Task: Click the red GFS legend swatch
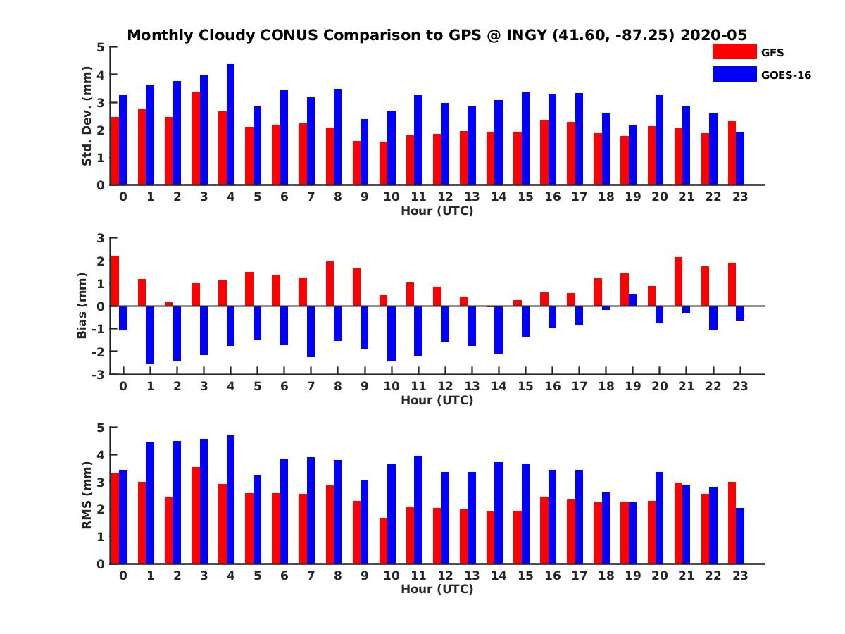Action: tap(734, 51)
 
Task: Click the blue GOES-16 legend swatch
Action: tap(734, 74)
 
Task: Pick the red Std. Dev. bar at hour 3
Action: tap(196, 138)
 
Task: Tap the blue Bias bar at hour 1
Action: tap(150, 335)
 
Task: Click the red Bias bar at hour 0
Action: tap(115, 281)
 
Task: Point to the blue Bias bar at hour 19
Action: tap(632, 300)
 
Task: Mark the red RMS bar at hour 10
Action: tap(383, 541)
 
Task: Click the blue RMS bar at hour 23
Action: tap(740, 535)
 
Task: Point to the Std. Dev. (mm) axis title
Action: tap(87, 116)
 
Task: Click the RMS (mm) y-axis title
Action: tap(87, 495)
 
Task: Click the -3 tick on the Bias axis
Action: tap(100, 374)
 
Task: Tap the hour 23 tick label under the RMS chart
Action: tap(739, 576)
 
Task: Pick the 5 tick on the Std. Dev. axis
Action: tap(101, 47)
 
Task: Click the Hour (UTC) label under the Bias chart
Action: tap(437, 400)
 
